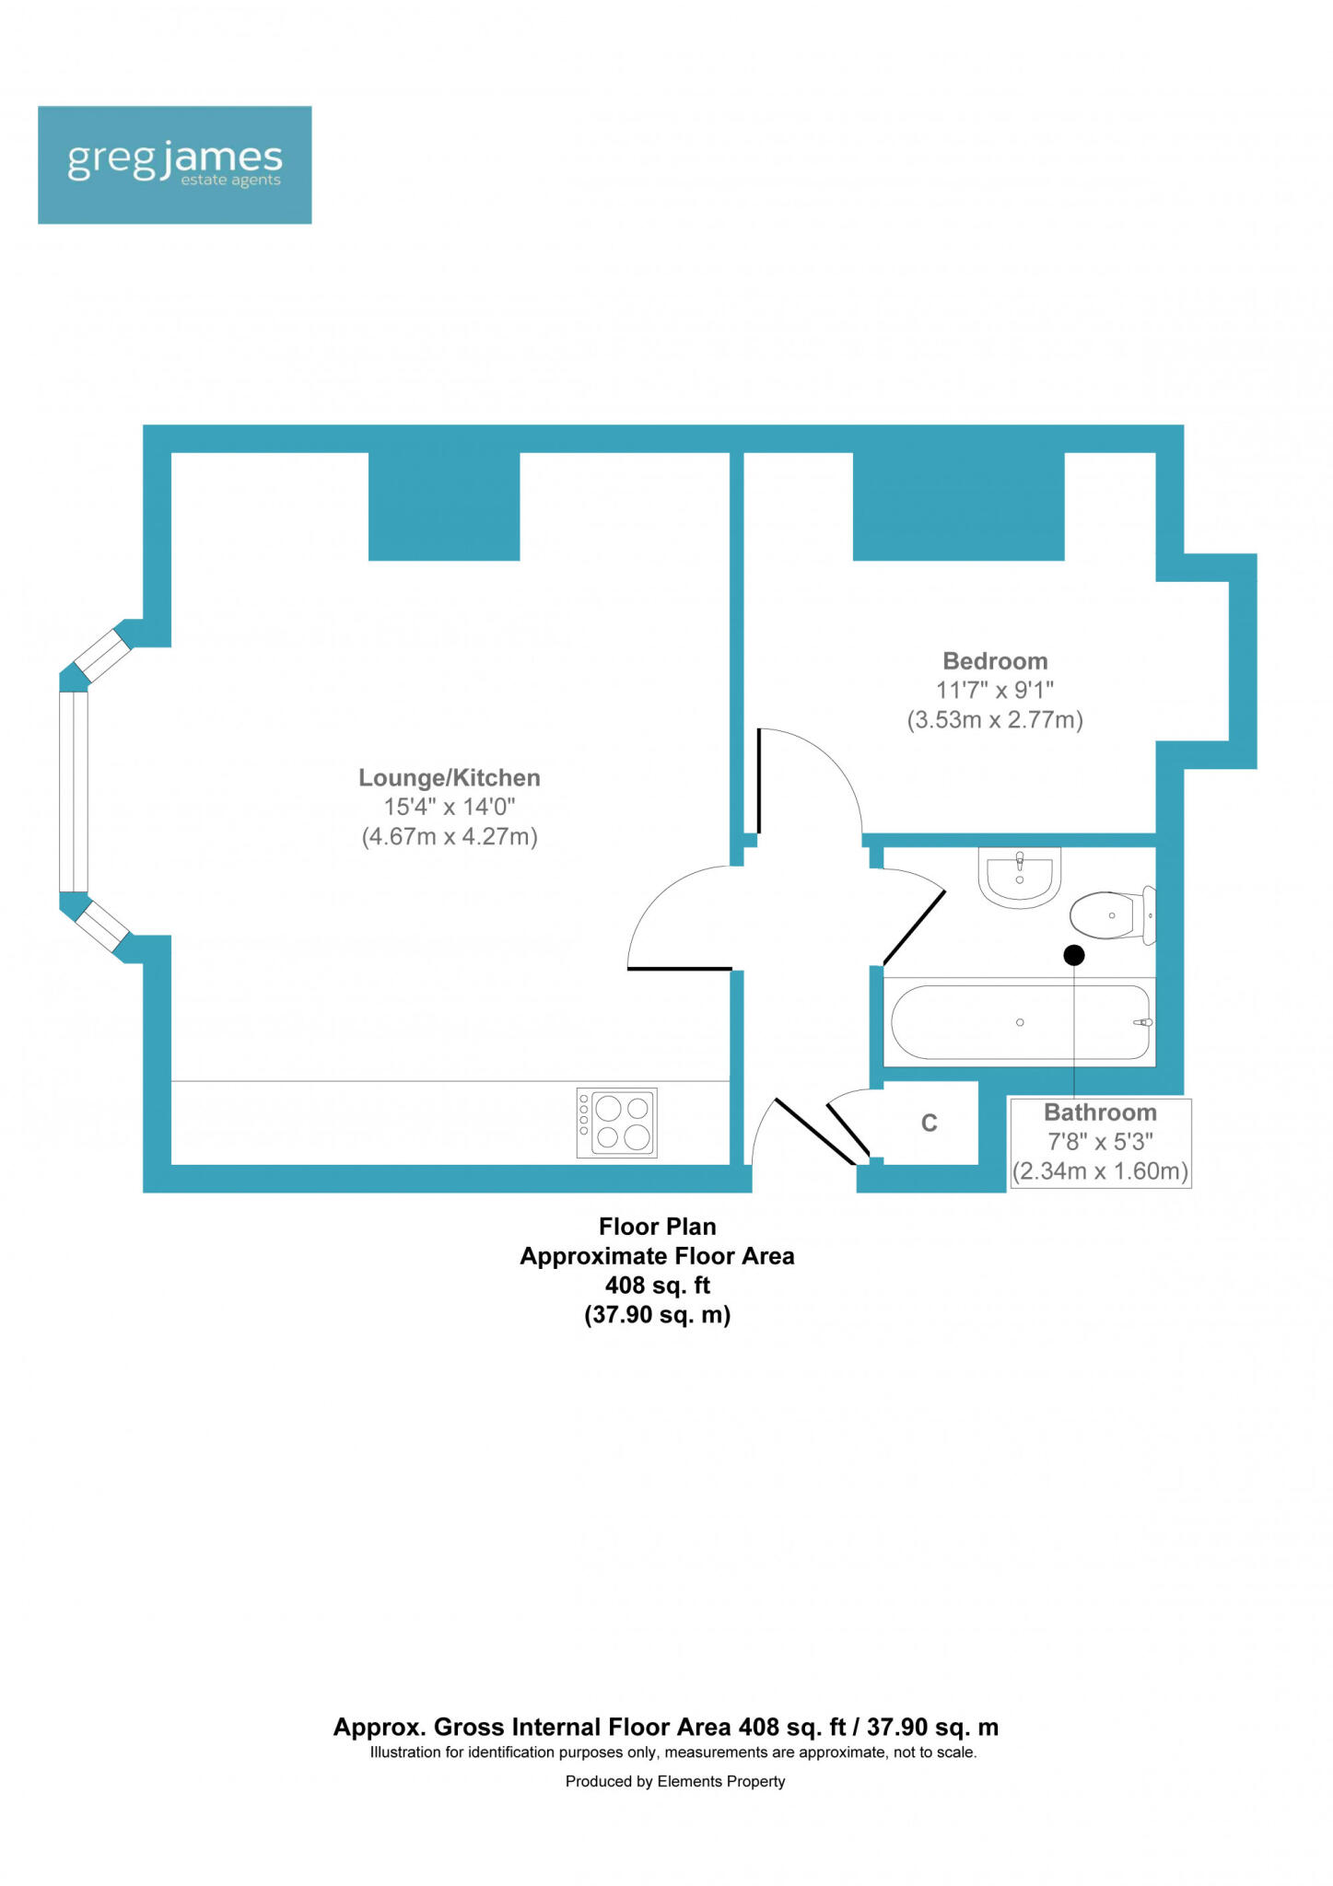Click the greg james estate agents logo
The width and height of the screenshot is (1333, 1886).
(174, 165)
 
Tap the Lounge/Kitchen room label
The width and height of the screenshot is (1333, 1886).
(449, 778)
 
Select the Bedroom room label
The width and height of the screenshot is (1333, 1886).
(995, 661)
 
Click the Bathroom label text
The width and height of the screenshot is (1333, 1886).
(1100, 1112)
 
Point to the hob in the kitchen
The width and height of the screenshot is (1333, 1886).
(616, 1123)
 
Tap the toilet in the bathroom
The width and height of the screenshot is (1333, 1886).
(1110, 914)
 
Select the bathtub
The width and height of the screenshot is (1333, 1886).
(1020, 1022)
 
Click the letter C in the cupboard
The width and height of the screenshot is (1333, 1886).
(930, 1123)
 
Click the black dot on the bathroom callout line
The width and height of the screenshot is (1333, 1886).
(1074, 956)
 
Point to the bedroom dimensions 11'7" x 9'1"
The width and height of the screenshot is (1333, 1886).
(995, 690)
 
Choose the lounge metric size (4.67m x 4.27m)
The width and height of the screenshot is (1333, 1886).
(449, 837)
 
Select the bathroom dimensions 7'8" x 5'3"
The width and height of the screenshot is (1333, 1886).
(1100, 1142)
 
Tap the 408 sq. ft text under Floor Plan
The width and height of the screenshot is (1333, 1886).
(657, 1286)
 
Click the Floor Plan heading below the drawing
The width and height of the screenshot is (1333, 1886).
(657, 1227)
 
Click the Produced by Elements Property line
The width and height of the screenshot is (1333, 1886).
(675, 1781)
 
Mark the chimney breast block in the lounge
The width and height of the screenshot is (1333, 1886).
(444, 506)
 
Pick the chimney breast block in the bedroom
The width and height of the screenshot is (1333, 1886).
(958, 506)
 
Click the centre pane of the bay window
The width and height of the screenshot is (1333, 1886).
(74, 791)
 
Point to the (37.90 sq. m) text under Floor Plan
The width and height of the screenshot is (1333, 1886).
(657, 1315)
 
